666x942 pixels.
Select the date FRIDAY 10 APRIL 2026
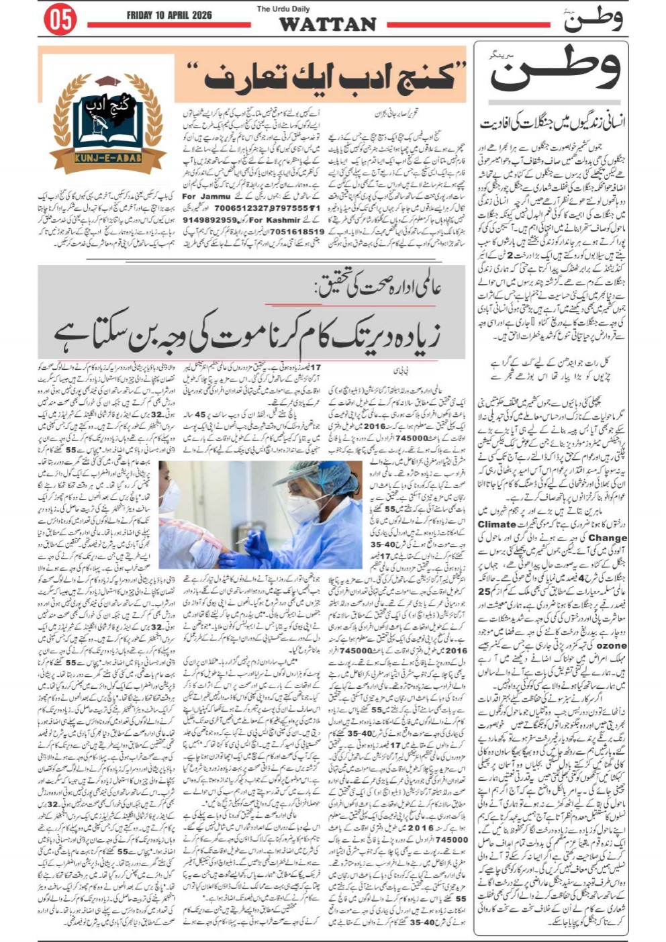point(169,15)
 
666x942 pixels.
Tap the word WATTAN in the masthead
point(327,24)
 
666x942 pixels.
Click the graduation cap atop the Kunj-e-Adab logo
point(107,82)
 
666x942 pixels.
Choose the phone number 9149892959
point(209,220)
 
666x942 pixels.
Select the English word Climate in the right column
point(496,524)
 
